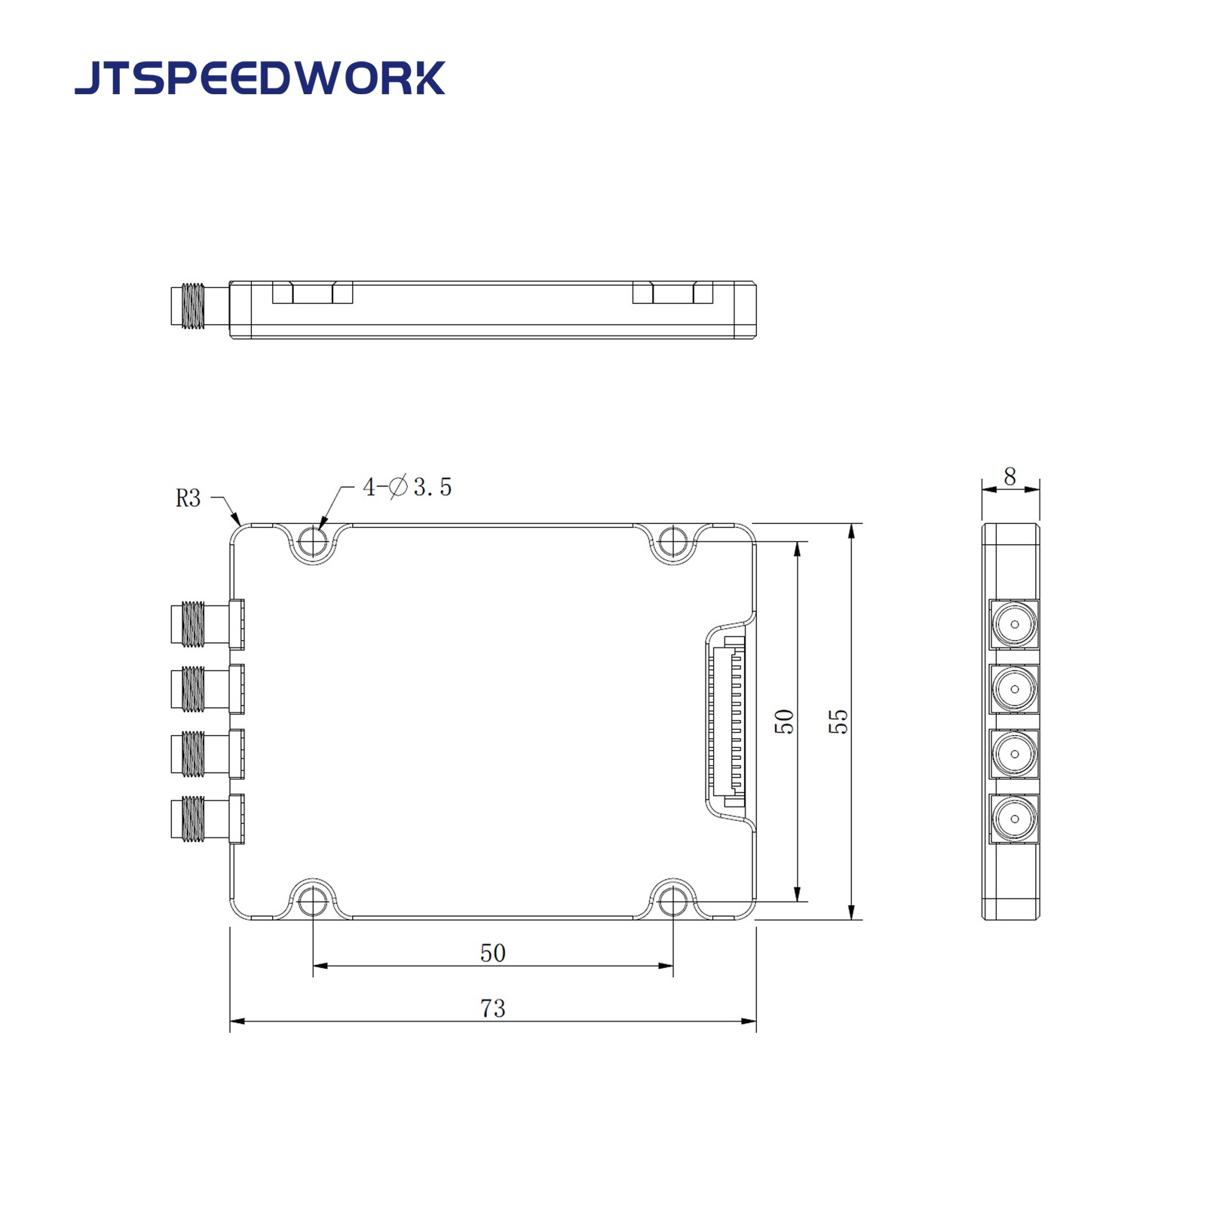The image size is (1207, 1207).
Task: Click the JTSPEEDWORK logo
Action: [x=259, y=78]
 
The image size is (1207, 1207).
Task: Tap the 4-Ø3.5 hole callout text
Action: [x=407, y=487]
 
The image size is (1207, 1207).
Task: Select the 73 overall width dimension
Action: [x=492, y=1009]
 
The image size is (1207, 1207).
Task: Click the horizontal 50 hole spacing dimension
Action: [x=492, y=953]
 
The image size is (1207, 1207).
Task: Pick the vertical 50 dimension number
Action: [x=784, y=721]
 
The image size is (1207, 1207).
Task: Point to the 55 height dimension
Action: [x=838, y=721]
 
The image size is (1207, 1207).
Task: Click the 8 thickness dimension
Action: [x=1009, y=476]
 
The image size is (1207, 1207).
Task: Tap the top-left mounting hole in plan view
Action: [x=313, y=540]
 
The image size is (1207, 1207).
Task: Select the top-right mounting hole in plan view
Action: [x=672, y=540]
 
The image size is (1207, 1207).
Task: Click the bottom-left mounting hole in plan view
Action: [x=313, y=901]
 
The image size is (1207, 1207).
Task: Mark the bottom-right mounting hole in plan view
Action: [x=672, y=901]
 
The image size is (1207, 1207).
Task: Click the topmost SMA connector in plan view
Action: [x=200, y=623]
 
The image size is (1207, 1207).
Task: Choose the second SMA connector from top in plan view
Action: [x=200, y=688]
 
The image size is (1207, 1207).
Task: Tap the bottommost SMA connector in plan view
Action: [x=200, y=819]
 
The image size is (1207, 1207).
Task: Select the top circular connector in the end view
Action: [x=1014, y=624]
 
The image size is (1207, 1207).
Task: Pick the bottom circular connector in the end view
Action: [x=1014, y=819]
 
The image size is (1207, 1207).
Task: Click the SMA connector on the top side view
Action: [x=194, y=306]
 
